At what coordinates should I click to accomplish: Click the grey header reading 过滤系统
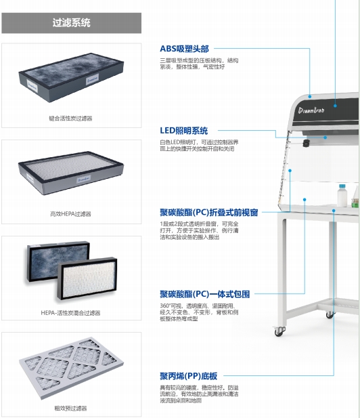pyautogui.click(x=71, y=23)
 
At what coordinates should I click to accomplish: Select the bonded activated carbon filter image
pyautogui.click(x=71, y=77)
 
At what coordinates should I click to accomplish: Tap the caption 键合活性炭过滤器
pyautogui.click(x=70, y=119)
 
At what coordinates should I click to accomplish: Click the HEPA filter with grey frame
pyautogui.click(x=71, y=173)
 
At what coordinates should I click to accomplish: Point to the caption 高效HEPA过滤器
pyautogui.click(x=70, y=214)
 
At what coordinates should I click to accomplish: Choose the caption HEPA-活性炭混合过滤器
pyautogui.click(x=70, y=313)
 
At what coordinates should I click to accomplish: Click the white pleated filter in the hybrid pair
pyautogui.click(x=87, y=278)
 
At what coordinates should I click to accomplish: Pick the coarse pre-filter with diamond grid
pyautogui.click(x=71, y=368)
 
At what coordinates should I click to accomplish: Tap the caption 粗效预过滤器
pyautogui.click(x=70, y=408)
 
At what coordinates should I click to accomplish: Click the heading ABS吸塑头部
pyautogui.click(x=184, y=49)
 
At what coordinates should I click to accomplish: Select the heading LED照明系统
pyautogui.click(x=184, y=131)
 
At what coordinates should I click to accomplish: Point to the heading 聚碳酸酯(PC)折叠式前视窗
pyautogui.click(x=208, y=213)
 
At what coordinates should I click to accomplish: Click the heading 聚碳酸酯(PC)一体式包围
pyautogui.click(x=205, y=294)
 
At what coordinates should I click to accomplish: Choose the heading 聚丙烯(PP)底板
pyautogui.click(x=189, y=376)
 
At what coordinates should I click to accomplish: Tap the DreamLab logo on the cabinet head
pyautogui.click(x=311, y=110)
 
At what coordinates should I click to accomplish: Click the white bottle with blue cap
pyautogui.click(x=342, y=195)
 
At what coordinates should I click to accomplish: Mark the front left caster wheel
pyautogui.click(x=279, y=331)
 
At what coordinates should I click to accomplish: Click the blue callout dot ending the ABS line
pyautogui.click(x=310, y=96)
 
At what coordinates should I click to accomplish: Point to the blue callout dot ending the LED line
pyautogui.click(x=325, y=138)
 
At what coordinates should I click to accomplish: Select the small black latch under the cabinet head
pyautogui.click(x=307, y=143)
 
